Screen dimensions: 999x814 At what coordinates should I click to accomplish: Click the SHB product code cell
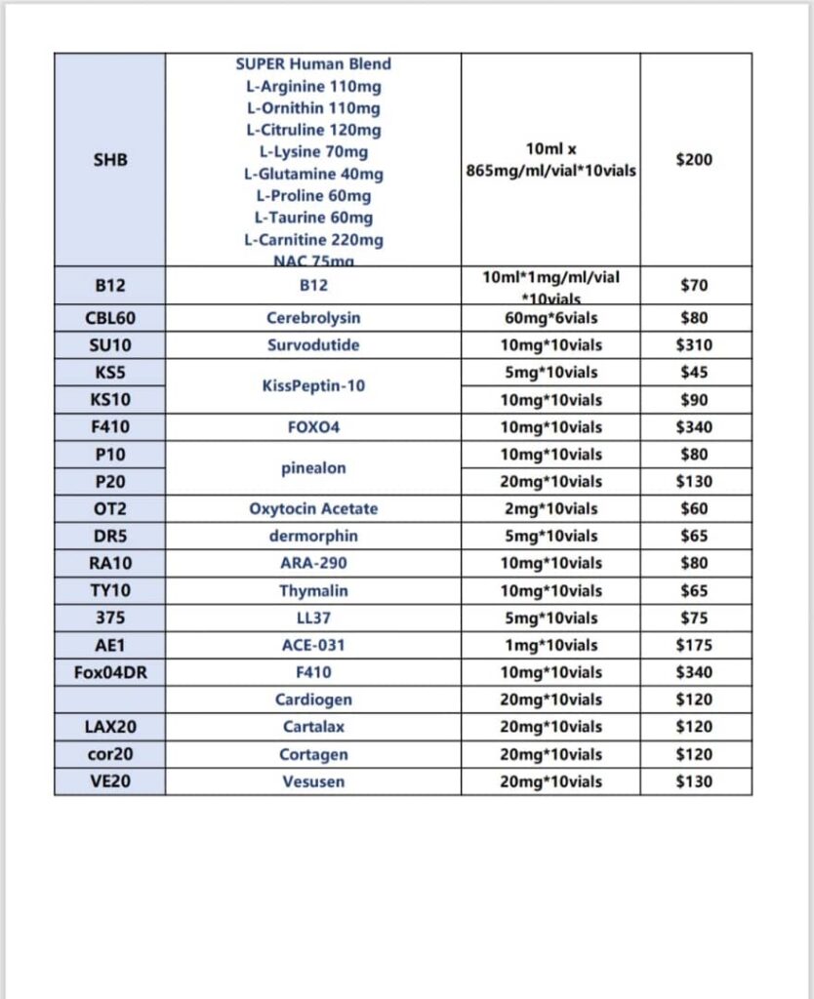[109, 159]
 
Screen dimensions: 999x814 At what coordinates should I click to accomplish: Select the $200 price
[694, 159]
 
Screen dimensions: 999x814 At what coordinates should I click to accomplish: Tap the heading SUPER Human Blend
[313, 64]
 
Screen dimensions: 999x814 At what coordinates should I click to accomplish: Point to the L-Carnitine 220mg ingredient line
[313, 240]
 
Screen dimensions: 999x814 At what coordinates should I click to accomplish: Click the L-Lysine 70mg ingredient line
[313, 152]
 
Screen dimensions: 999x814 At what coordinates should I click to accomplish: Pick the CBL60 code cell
[109, 318]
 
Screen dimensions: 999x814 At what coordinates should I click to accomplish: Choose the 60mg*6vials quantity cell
[549, 318]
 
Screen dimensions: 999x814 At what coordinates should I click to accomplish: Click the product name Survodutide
[313, 345]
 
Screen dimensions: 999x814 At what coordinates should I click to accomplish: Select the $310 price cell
[694, 345]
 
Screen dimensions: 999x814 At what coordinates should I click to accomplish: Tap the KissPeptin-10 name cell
[313, 386]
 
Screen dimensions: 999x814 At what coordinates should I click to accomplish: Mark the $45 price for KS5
[694, 373]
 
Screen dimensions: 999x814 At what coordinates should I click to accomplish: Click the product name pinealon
[313, 468]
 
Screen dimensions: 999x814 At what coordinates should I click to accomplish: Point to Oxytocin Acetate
[313, 509]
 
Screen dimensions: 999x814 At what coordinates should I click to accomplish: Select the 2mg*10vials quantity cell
[549, 509]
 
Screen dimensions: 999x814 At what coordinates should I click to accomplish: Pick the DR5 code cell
[109, 537]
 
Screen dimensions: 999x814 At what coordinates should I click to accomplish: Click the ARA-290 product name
[313, 564]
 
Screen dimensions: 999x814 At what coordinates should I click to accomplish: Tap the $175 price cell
[694, 646]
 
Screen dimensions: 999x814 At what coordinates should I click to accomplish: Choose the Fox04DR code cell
[109, 673]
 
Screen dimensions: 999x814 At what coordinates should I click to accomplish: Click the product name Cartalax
[313, 728]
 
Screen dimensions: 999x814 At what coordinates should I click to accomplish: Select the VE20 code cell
[109, 782]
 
